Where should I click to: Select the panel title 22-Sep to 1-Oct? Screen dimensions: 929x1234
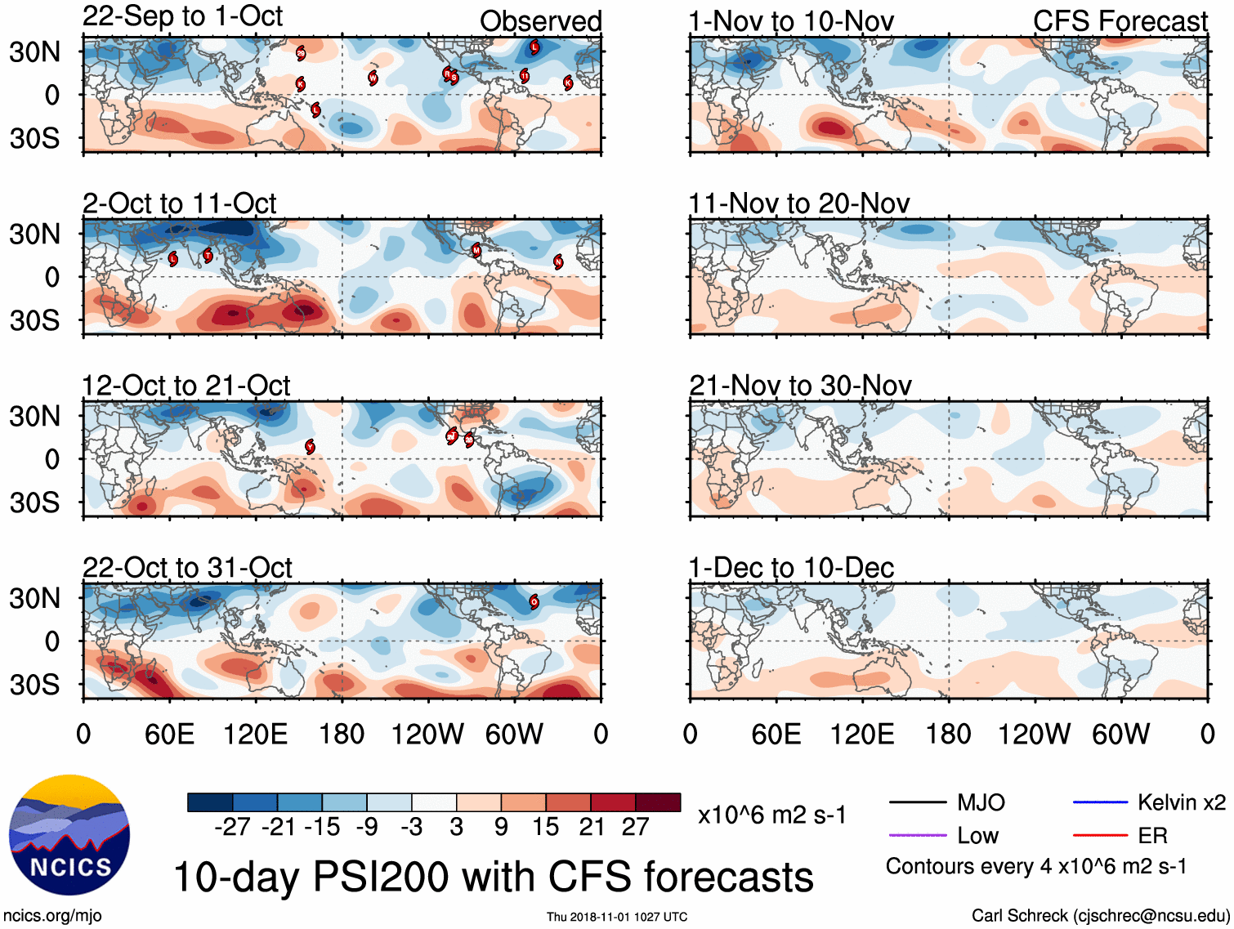click(182, 16)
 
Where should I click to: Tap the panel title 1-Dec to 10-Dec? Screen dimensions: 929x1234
click(791, 567)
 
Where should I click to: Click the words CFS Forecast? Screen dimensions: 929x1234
click(1120, 21)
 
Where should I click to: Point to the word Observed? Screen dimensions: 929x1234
click(540, 21)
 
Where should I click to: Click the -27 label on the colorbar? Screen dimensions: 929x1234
click(232, 827)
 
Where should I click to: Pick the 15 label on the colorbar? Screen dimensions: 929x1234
click(546, 827)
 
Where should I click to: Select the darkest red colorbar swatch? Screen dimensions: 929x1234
click(658, 802)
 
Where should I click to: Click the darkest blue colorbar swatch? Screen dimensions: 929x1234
click(210, 802)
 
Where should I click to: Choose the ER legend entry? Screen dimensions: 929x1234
click(1152, 835)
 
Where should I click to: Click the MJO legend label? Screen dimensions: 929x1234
click(981, 802)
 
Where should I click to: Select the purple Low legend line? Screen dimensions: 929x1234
click(918, 835)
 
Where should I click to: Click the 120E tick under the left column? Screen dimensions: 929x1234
click(255, 734)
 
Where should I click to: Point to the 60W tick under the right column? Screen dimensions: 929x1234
click(1120, 734)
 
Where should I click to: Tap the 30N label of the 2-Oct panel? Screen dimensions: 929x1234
click(35, 234)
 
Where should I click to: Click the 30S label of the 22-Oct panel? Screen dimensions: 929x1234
click(35, 684)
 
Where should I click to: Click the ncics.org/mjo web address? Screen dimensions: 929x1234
click(52, 916)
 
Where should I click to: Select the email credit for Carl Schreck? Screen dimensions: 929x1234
click(1100, 916)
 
